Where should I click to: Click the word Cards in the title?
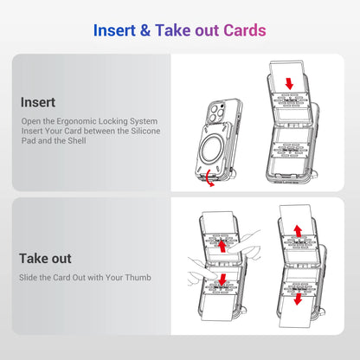pyautogui.click(x=244, y=30)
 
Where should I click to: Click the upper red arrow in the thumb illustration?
pyautogui.click(x=222, y=247)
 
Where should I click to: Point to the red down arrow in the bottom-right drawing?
pyautogui.click(x=296, y=299)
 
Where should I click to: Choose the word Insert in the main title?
pyautogui.click(x=119, y=30)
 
